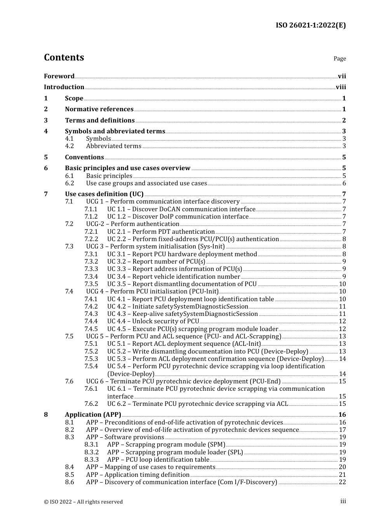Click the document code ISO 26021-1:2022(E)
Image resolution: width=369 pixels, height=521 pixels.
pyautogui.click(x=311, y=25)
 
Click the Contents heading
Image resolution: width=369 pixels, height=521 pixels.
pyautogui.click(x=64, y=57)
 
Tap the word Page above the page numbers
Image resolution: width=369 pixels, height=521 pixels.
pyautogui.click(x=339, y=59)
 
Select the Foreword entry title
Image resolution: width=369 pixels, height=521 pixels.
pyautogui.click(x=59, y=76)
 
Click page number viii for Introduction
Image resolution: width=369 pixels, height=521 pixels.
pyautogui.click(x=341, y=87)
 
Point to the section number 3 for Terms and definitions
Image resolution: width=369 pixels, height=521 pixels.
pyautogui.click(x=46, y=121)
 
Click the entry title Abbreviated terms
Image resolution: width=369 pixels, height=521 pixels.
pyautogui.click(x=113, y=146)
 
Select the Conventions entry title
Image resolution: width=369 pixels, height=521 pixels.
pyautogui.click(x=84, y=157)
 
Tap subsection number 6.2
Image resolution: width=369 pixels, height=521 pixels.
pyautogui.click(x=69, y=183)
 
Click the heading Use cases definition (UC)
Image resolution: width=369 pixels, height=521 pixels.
pyautogui.click(x=104, y=194)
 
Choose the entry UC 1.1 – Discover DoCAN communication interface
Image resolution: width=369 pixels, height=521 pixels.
pyautogui.click(x=181, y=209)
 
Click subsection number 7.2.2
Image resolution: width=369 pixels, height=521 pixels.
pyautogui.click(x=91, y=239)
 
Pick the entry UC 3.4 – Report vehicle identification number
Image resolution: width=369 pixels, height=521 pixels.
pyautogui.click(x=173, y=277)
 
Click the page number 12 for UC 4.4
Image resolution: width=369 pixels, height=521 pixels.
pyautogui.click(x=342, y=321)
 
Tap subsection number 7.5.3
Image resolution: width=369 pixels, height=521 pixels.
pyautogui.click(x=91, y=359)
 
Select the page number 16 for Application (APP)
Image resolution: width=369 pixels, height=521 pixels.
pyautogui.click(x=342, y=415)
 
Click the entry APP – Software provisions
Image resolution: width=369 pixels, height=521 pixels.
pyautogui.click(x=125, y=437)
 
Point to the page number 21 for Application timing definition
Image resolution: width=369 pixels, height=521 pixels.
pyautogui.click(x=342, y=475)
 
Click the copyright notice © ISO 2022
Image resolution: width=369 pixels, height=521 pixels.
pyautogui.click(x=83, y=502)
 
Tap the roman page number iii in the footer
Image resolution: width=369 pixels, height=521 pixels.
pyautogui.click(x=343, y=501)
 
